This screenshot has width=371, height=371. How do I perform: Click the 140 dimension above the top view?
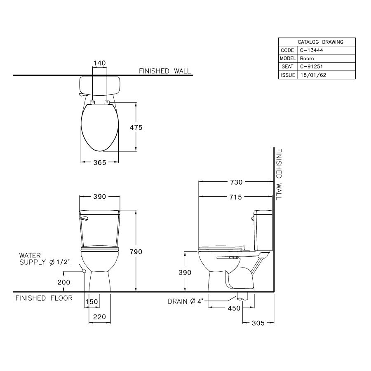(100, 63)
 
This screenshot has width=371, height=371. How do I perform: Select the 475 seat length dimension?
(136, 128)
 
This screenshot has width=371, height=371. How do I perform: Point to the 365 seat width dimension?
(99, 162)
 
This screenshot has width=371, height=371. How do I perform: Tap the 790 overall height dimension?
(136, 251)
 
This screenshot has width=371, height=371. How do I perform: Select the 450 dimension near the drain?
(234, 308)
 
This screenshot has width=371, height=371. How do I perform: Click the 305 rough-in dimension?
(258, 323)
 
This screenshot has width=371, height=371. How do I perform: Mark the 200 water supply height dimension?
(64, 282)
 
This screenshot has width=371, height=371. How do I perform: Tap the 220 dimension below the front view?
(100, 317)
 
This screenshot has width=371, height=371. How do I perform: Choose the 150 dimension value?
(92, 302)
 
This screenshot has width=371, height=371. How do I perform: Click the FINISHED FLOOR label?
(44, 298)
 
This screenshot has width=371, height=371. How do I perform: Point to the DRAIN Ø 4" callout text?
(185, 301)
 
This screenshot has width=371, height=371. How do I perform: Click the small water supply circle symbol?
(84, 271)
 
